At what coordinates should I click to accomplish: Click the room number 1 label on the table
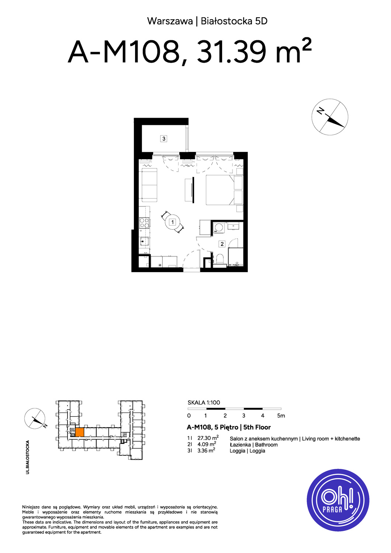172,222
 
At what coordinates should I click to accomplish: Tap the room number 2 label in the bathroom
222,244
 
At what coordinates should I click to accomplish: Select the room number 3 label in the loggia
164,139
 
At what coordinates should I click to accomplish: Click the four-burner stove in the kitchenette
145,223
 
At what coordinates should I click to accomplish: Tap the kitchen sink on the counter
145,241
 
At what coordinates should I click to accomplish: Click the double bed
220,190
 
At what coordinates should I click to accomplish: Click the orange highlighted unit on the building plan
80,432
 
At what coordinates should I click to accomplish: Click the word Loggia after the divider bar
257,451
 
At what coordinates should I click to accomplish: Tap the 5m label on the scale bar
281,416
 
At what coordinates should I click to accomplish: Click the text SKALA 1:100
204,403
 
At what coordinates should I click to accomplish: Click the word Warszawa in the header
170,21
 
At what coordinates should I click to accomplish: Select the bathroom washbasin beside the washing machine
233,226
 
